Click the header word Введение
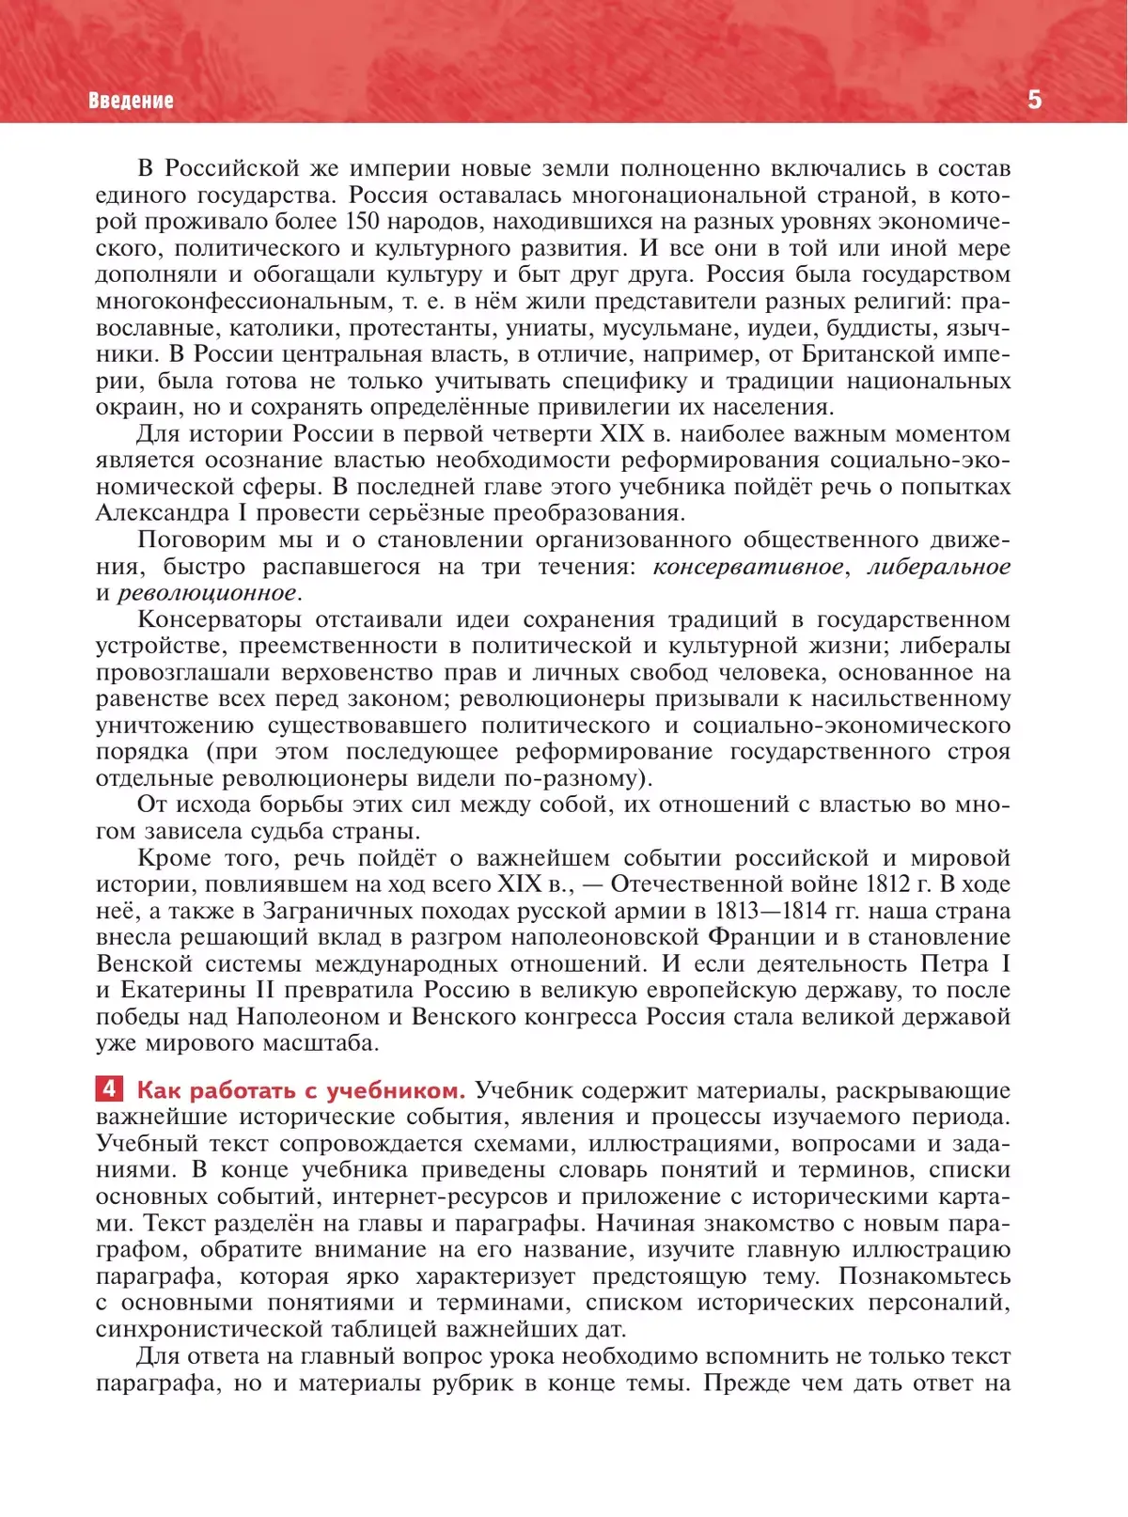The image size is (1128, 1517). point(131,101)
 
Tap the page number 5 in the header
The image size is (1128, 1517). point(1034,100)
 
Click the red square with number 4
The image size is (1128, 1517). point(109,1088)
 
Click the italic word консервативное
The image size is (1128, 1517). point(748,567)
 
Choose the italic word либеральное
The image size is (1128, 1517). point(938,567)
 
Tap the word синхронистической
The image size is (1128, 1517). point(208,1329)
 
